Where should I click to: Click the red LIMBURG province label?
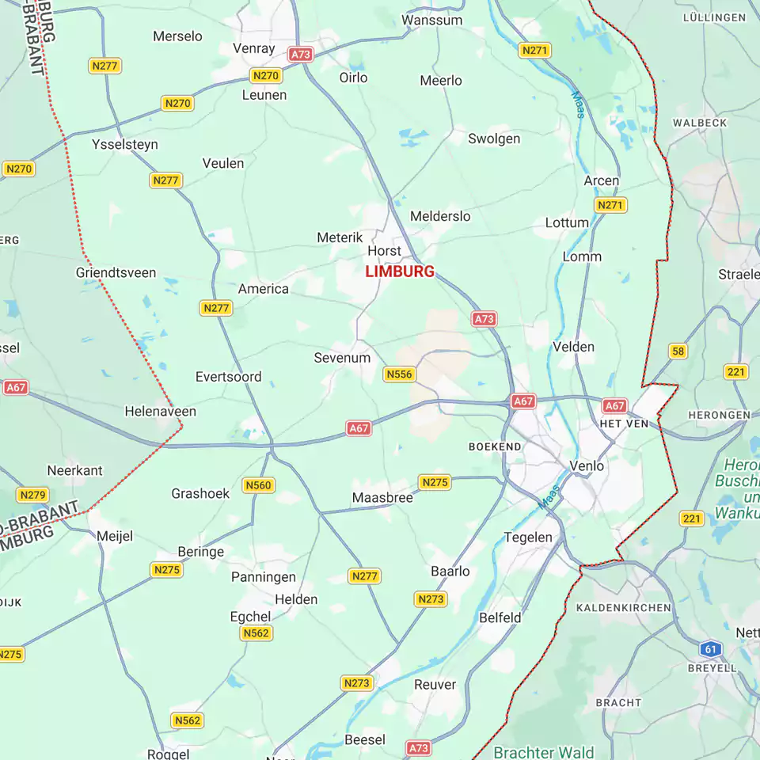(400, 272)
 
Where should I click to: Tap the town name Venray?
(254, 48)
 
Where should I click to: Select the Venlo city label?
(587, 465)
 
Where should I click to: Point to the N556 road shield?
(400, 374)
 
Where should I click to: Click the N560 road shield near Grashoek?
(259, 485)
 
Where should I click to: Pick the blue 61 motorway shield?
(711, 649)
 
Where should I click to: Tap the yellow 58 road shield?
(678, 351)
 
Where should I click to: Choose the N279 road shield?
(32, 495)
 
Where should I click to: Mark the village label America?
(264, 289)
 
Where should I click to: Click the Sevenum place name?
(342, 358)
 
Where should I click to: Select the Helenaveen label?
(161, 412)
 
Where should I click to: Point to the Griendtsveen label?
(116, 273)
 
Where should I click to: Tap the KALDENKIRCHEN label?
(624, 608)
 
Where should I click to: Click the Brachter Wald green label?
(543, 751)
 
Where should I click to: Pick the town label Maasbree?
(382, 498)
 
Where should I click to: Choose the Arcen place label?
(602, 180)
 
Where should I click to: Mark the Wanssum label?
(432, 20)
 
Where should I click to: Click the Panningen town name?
(264, 577)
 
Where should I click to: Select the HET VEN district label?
(624, 424)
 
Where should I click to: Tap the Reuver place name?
(435, 685)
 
